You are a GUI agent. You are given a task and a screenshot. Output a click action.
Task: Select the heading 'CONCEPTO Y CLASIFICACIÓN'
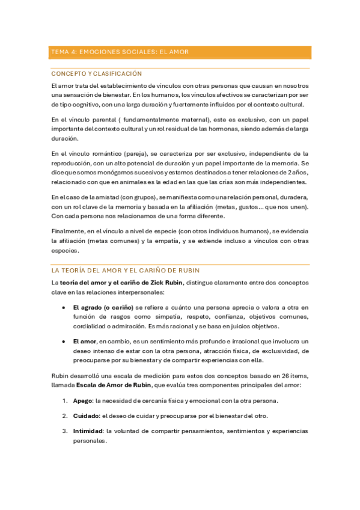[x=97, y=73]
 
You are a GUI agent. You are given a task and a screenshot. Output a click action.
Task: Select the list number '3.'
[x=65, y=431]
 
